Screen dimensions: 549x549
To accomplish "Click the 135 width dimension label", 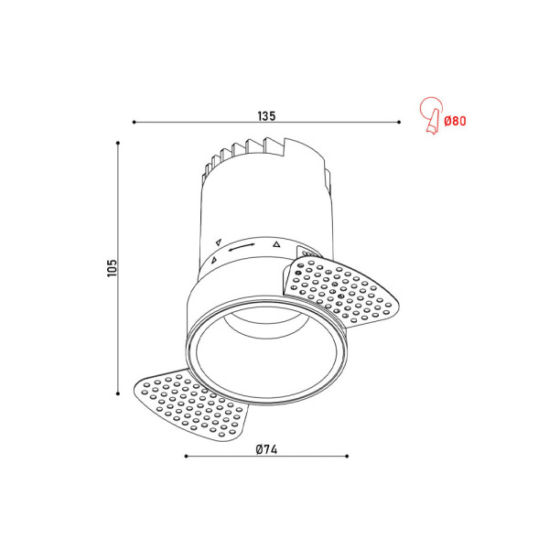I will [x=265, y=116].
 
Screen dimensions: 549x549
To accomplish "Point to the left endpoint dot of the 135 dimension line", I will [x=134, y=122].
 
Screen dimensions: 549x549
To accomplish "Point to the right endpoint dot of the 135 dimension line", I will [x=399, y=122].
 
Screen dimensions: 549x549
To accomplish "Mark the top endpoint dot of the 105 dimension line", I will [x=119, y=142].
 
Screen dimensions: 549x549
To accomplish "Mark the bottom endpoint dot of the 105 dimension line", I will [x=119, y=393].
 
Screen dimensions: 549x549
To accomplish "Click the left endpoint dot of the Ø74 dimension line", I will [x=186, y=455].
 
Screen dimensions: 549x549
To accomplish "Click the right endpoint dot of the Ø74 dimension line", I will [x=347, y=455].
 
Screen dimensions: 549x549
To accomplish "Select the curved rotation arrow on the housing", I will [x=242, y=246].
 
